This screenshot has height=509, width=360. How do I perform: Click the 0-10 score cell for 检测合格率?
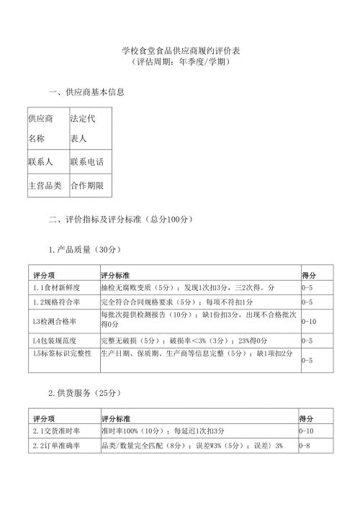(x=309, y=320)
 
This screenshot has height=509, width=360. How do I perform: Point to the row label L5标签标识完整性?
(x=62, y=353)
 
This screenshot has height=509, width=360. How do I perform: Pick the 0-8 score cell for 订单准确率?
(x=305, y=446)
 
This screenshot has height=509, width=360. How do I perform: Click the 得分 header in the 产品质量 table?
(x=307, y=275)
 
